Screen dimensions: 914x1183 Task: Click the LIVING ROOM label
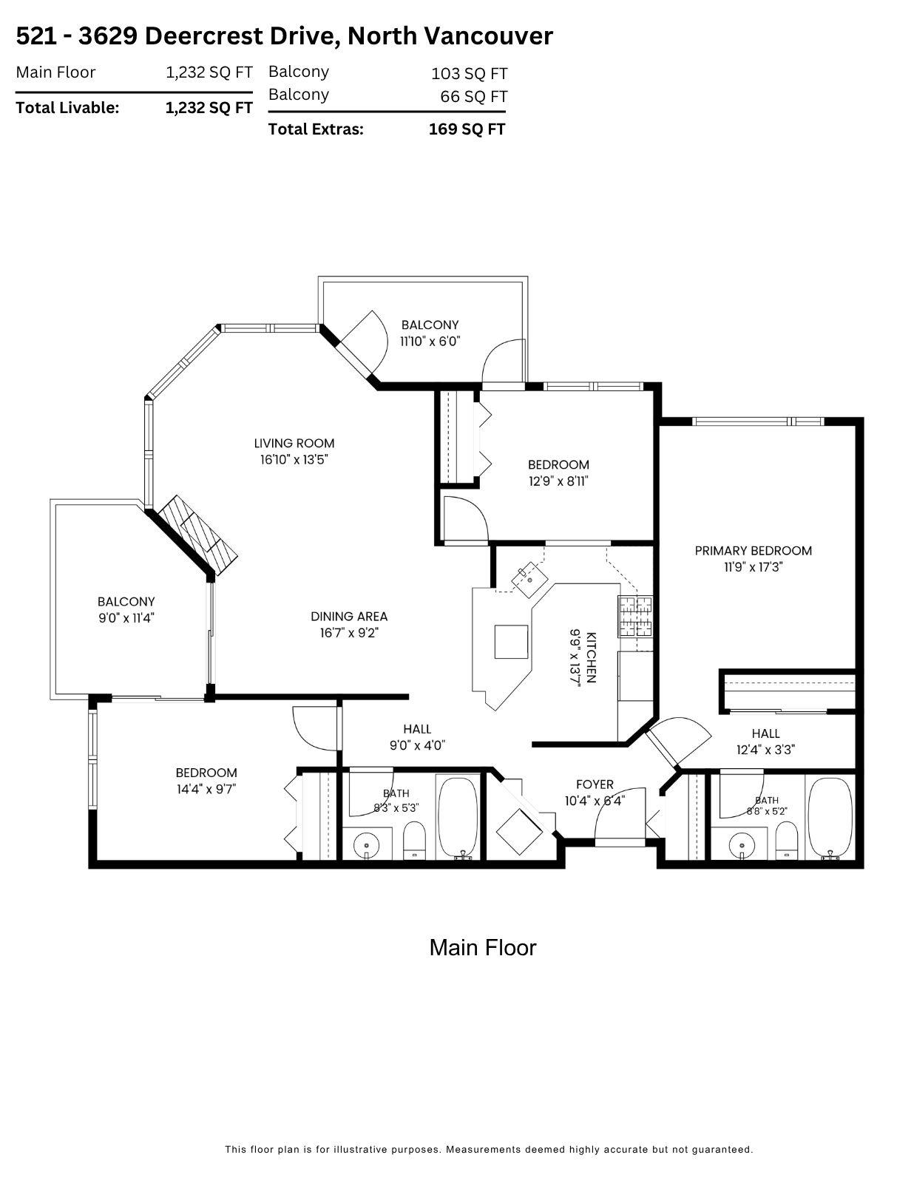294,443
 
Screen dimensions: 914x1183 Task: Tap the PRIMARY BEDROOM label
753,550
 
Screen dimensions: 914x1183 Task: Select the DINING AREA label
349,617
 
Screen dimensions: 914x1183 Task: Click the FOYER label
595,784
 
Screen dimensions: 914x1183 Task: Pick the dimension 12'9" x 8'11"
558,481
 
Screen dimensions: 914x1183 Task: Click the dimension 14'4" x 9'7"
206,789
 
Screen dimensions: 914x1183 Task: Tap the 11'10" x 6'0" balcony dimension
430,342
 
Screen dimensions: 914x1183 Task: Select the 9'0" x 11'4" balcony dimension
126,618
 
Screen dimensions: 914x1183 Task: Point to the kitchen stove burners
634,617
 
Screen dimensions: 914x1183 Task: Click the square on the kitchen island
511,642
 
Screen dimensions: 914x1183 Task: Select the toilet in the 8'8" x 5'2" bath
786,839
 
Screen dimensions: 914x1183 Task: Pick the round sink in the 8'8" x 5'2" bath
742,845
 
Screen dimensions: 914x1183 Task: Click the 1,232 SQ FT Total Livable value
209,108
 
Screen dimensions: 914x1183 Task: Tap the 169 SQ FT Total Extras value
467,129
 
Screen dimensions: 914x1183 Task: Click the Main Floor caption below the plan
483,948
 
